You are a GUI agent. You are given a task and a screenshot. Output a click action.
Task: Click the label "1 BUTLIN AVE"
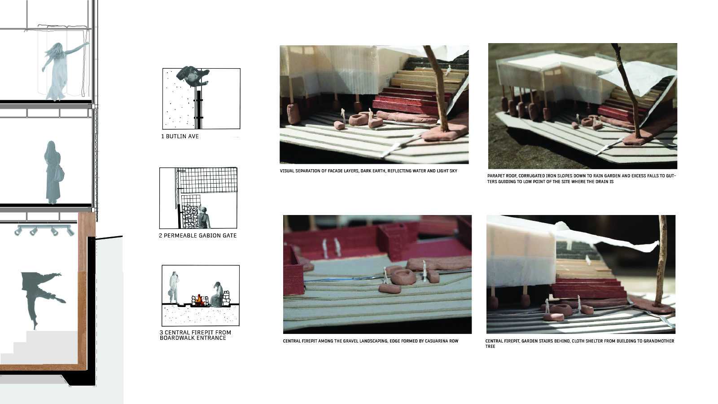click(x=179, y=136)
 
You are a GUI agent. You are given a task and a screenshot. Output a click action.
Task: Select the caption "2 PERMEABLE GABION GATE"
click(x=197, y=236)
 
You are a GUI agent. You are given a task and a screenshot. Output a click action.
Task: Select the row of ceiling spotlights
click(x=44, y=230)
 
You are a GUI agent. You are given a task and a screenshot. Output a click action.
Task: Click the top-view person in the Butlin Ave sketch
click(x=192, y=76)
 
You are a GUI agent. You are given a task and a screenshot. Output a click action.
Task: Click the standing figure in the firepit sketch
click(x=174, y=287)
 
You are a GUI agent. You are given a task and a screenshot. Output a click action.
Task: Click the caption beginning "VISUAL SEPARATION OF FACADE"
click(x=368, y=171)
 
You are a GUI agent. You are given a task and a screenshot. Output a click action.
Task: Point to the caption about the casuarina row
click(x=371, y=341)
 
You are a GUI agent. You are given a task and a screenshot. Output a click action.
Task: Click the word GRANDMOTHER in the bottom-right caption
click(x=658, y=341)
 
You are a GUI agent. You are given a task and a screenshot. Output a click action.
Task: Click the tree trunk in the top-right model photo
click(x=628, y=90)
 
